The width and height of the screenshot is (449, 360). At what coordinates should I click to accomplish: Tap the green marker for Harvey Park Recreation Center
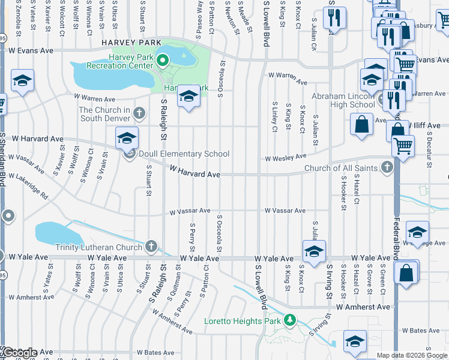162,61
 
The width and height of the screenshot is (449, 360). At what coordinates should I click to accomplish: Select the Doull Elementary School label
183,154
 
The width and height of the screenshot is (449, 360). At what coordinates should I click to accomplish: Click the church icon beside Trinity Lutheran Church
151,247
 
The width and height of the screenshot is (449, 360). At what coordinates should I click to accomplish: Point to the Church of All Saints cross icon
387,167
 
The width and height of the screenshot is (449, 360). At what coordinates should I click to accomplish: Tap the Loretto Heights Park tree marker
291,320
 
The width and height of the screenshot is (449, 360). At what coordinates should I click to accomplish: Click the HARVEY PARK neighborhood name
131,43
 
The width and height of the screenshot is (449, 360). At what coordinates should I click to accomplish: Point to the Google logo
20,353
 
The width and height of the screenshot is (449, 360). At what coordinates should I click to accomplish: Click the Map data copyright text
412,355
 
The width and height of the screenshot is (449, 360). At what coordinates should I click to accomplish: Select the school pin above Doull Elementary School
127,138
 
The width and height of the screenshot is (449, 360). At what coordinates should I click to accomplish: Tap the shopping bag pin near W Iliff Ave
363,125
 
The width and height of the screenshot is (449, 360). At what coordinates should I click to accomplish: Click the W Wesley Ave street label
287,157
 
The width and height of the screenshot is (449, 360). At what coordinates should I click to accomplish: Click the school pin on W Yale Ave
313,251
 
